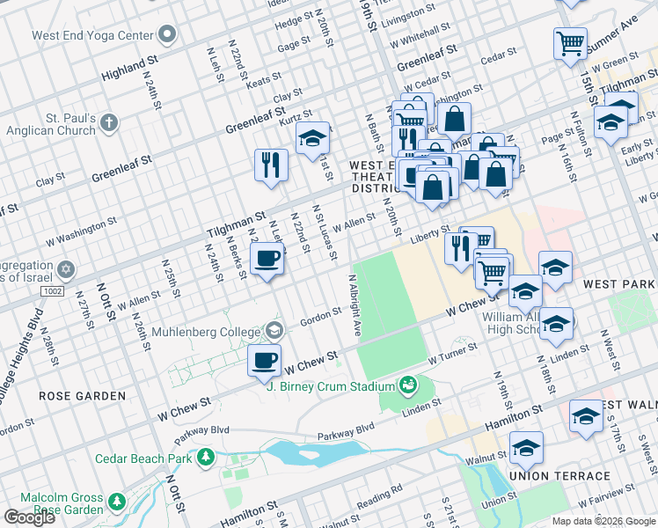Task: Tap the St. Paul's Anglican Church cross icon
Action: (x=108, y=122)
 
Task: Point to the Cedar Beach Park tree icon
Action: (x=205, y=457)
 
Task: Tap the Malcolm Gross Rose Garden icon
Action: (x=116, y=502)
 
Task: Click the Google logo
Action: (x=29, y=517)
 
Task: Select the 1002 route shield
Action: (x=51, y=290)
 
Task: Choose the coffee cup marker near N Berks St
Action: (x=267, y=259)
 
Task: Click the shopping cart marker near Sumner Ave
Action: (x=570, y=41)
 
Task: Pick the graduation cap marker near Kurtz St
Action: (x=312, y=138)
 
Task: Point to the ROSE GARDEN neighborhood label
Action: (x=82, y=396)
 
